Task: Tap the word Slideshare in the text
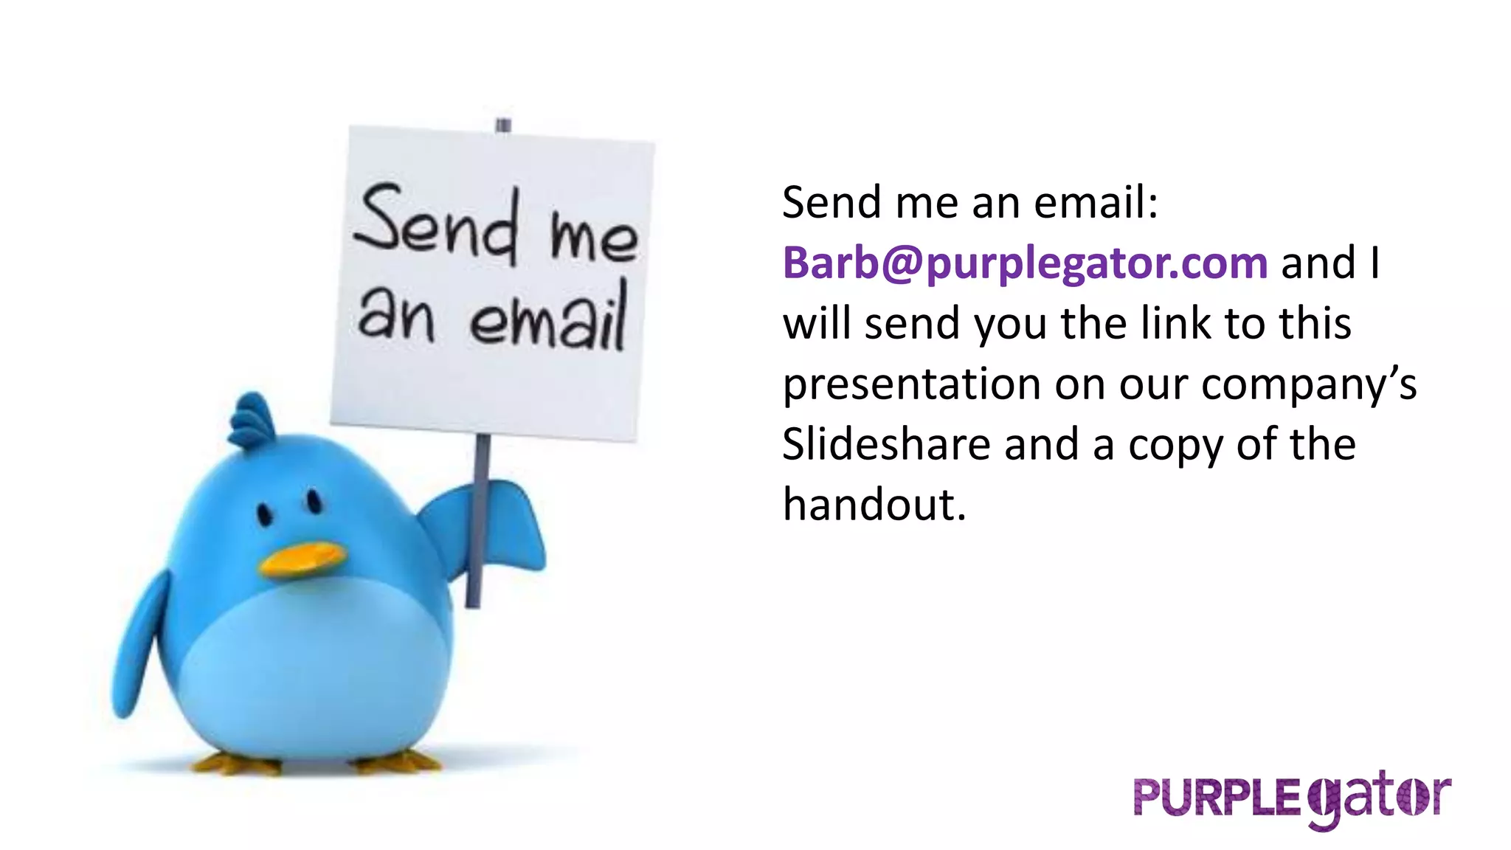(885, 445)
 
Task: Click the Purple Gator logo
(1292, 798)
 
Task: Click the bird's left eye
(263, 514)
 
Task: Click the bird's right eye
(314, 502)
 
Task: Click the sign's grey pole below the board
(477, 516)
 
